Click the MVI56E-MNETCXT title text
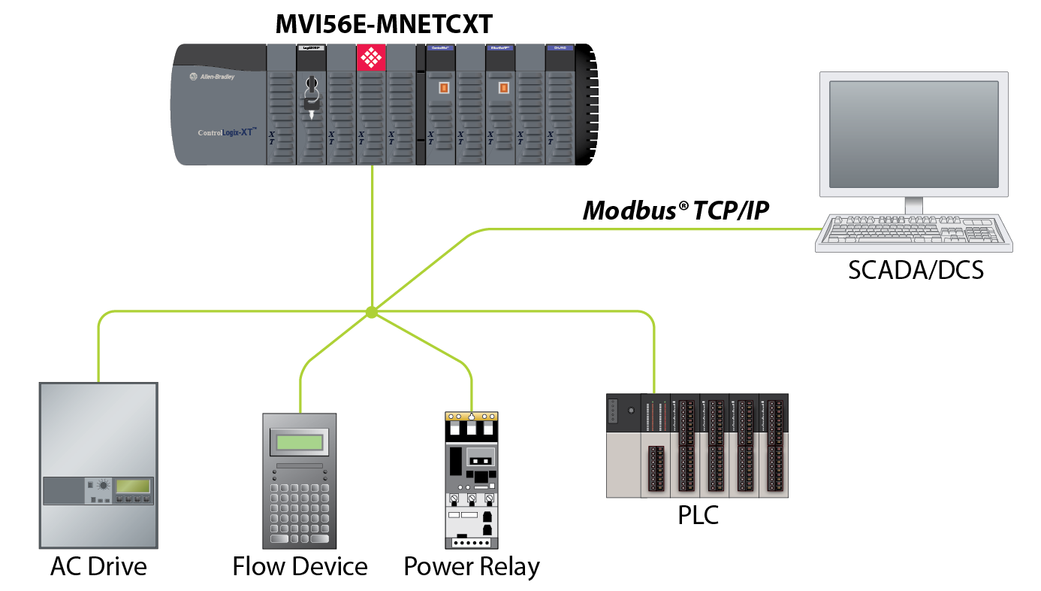click(x=384, y=24)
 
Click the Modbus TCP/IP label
click(x=676, y=211)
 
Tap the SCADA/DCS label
click(x=915, y=270)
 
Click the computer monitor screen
click(x=913, y=134)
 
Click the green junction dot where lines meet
click(x=371, y=312)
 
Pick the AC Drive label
click(x=98, y=565)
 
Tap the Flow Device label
click(x=300, y=566)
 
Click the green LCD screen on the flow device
click(x=300, y=442)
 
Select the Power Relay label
click(x=472, y=566)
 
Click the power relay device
click(x=471, y=481)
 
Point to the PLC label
click(x=698, y=516)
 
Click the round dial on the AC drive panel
click(x=103, y=486)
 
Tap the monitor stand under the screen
click(x=913, y=205)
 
